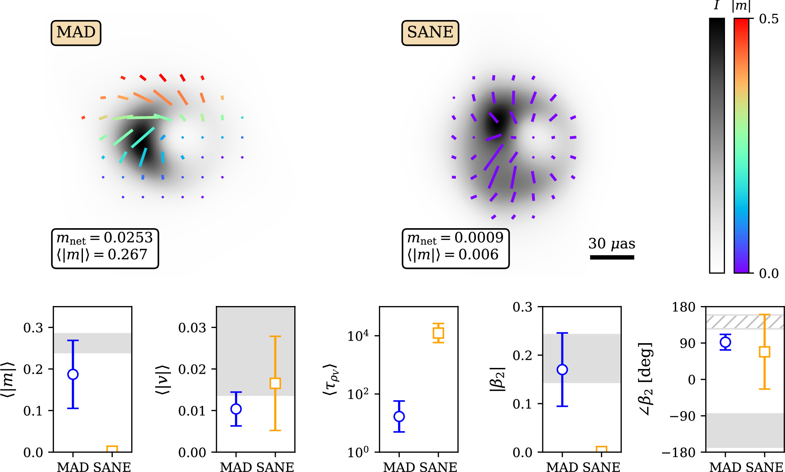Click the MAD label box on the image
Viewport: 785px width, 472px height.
click(x=76, y=33)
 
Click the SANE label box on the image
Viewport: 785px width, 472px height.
click(x=430, y=33)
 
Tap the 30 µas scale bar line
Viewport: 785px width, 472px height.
click(x=612, y=257)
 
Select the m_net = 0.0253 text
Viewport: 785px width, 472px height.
click(x=105, y=238)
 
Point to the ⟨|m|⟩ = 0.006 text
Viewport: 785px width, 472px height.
click(x=453, y=255)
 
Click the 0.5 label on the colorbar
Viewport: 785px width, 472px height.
click(x=769, y=19)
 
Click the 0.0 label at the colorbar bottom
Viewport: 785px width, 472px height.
click(x=769, y=273)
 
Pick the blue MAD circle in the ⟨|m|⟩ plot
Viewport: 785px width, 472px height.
click(x=73, y=374)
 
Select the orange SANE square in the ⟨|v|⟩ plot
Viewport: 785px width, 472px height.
click(x=275, y=383)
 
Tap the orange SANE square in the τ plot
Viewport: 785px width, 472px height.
click(x=438, y=333)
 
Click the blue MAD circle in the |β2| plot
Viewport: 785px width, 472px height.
click(x=562, y=370)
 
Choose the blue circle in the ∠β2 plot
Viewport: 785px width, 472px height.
click(x=725, y=342)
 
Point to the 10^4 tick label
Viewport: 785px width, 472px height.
click(x=358, y=336)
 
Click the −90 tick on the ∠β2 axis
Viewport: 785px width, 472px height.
click(x=682, y=416)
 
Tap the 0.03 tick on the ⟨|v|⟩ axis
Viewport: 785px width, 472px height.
click(x=192, y=328)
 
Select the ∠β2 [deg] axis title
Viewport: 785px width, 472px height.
click(x=646, y=378)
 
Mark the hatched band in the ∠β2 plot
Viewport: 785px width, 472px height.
click(x=745, y=322)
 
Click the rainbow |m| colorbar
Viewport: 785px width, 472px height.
click(x=741, y=146)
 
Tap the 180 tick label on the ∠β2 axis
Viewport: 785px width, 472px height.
click(x=684, y=307)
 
